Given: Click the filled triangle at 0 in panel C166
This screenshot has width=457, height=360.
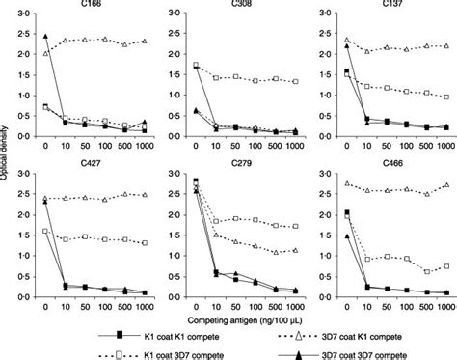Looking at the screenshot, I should tap(46, 37).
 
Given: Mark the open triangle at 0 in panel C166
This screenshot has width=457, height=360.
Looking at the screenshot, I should tap(46, 54).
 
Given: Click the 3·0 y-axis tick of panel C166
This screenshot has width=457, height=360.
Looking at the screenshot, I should tap(29, 16).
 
